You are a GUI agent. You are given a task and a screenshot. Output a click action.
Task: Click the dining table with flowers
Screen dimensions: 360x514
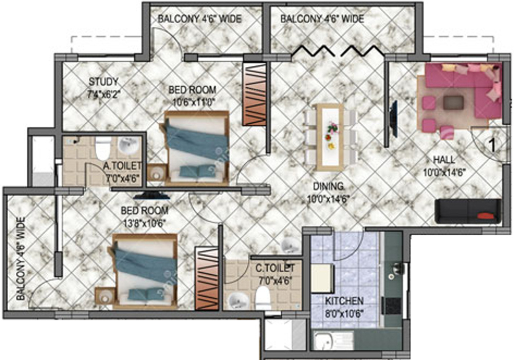pos(329,137)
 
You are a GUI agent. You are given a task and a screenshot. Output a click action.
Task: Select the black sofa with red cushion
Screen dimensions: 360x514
pos(468,211)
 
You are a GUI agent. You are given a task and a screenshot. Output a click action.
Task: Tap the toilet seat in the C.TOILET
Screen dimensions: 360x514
pos(263,297)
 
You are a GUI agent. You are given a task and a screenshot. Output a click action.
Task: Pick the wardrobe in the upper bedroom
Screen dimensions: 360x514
pos(254,94)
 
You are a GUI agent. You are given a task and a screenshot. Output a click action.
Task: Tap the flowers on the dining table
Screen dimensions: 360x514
pos(332,127)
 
